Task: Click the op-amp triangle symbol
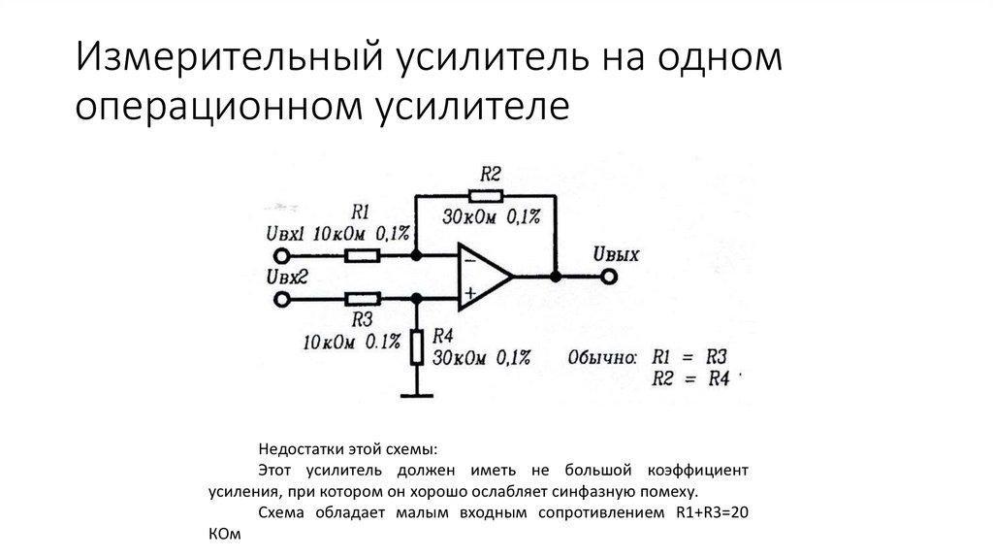pyautogui.click(x=482, y=277)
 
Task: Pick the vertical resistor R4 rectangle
pyautogui.click(x=416, y=346)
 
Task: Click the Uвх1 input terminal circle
pyautogui.click(x=282, y=256)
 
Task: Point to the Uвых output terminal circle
pyautogui.click(x=608, y=277)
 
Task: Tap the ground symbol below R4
pyautogui.click(x=416, y=394)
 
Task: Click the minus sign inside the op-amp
pyautogui.click(x=469, y=259)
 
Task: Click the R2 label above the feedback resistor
pyautogui.click(x=490, y=174)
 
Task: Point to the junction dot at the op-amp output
pyautogui.click(x=555, y=277)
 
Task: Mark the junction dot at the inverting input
pyautogui.click(x=416, y=256)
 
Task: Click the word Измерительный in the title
pyautogui.click(x=226, y=59)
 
